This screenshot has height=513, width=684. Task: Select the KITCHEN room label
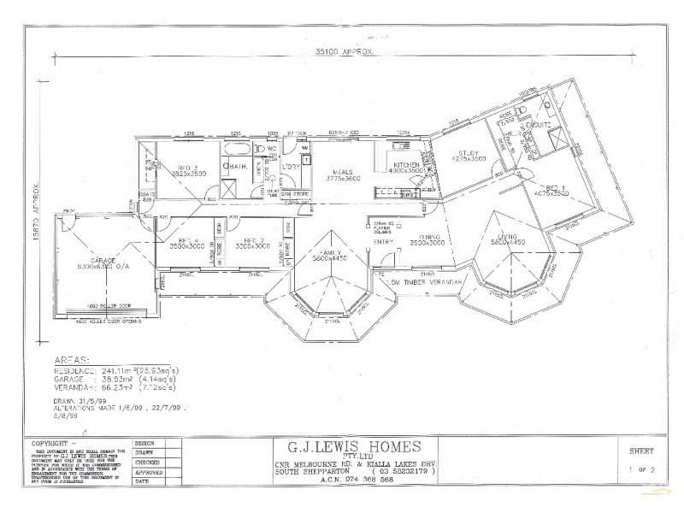click(x=405, y=164)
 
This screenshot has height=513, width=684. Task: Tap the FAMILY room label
click(x=328, y=251)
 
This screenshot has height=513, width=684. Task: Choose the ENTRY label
click(x=385, y=242)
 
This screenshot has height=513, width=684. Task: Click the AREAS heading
click(x=68, y=360)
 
